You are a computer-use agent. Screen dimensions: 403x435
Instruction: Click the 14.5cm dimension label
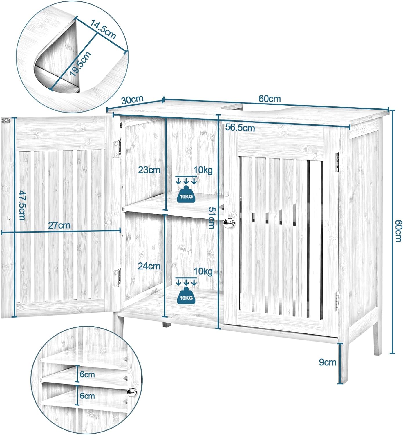coord(103,29)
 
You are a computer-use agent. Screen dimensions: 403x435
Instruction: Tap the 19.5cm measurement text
coord(80,64)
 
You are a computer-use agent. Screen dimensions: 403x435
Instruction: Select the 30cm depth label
coord(132,100)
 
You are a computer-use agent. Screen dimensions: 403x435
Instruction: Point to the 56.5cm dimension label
coord(240,128)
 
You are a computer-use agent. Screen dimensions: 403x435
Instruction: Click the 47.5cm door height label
coord(22,205)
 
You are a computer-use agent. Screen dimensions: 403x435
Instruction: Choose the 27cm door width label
coord(59,225)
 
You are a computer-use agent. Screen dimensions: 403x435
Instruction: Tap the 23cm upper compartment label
coord(149,170)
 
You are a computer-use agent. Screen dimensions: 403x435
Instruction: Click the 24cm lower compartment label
coord(149,266)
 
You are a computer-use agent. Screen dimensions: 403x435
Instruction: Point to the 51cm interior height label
coord(211,218)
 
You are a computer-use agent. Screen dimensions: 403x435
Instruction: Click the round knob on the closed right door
coord(229,222)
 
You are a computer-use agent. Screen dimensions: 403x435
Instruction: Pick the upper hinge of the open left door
coord(117,148)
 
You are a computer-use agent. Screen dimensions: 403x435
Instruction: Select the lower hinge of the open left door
coord(117,277)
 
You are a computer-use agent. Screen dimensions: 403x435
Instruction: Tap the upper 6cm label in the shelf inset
coord(87,374)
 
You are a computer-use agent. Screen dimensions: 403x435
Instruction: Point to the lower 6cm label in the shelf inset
coord(87,396)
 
